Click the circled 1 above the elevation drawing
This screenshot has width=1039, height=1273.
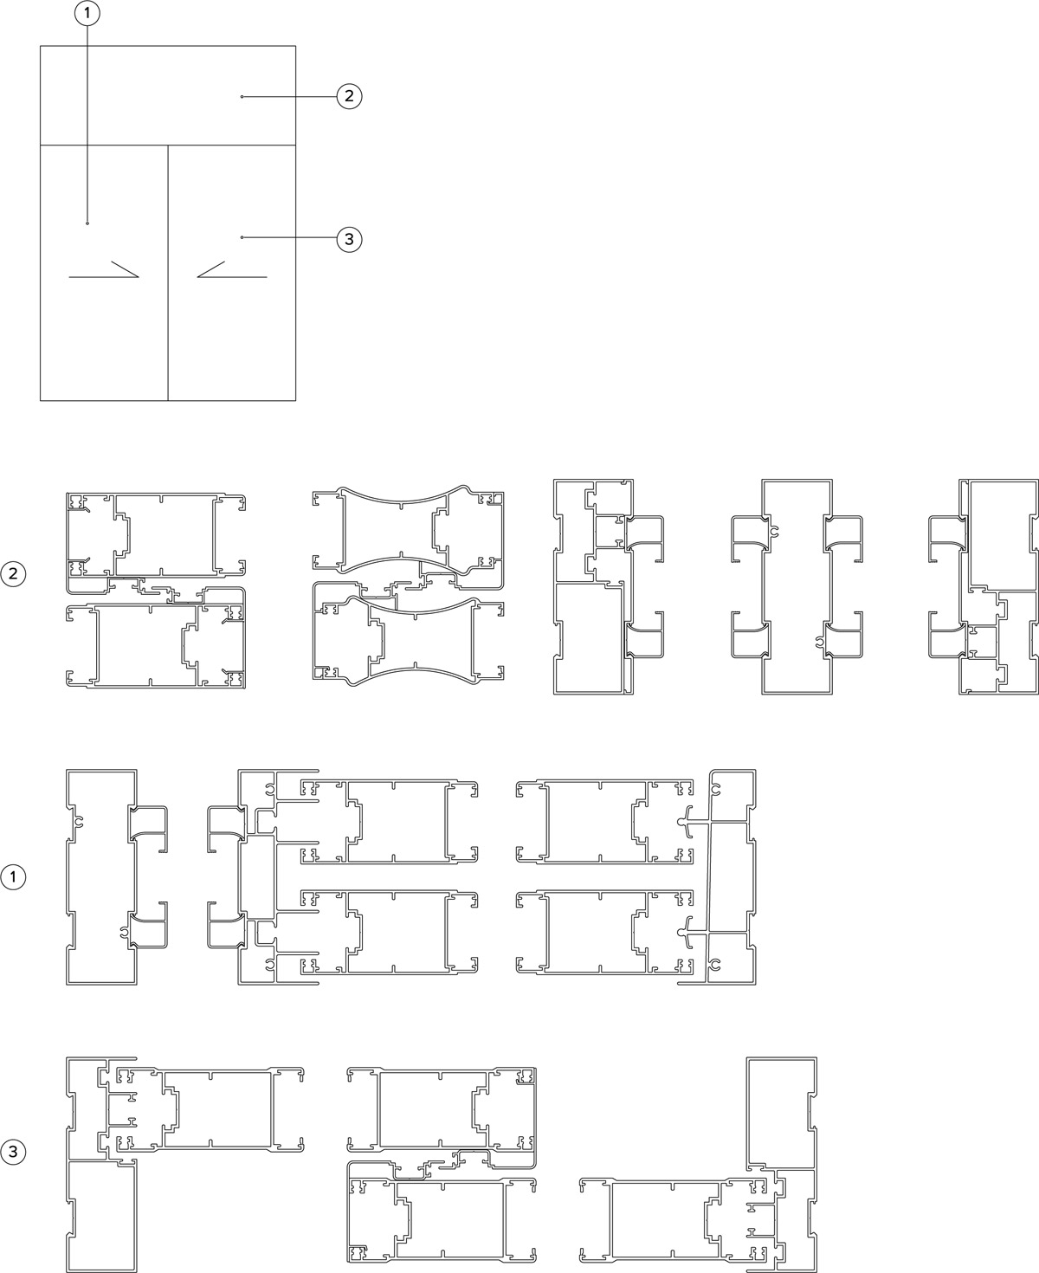(87, 13)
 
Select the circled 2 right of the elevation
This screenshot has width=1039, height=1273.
(349, 96)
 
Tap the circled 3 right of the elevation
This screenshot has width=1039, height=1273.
(349, 239)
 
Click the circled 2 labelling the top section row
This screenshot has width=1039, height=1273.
(13, 573)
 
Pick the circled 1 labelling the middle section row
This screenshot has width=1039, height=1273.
(13, 877)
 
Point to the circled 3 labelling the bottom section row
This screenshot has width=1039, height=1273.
(13, 1153)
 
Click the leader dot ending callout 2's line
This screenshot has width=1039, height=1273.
(242, 97)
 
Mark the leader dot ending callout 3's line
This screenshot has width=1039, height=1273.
(242, 237)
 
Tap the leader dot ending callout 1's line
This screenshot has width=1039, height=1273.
(87, 223)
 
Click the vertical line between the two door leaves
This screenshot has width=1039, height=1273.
(168, 273)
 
